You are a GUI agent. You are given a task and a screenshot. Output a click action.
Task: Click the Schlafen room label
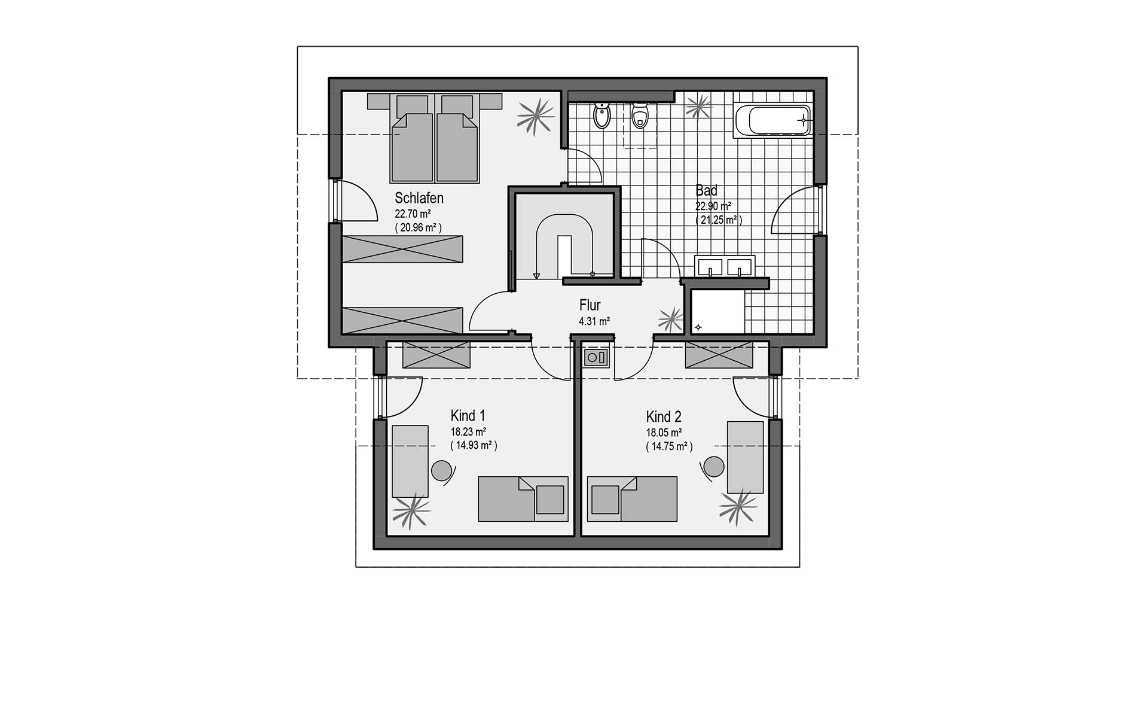(x=419, y=198)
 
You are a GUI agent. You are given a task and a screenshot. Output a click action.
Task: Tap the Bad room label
(x=706, y=191)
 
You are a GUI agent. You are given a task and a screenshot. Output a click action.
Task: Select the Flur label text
(x=590, y=305)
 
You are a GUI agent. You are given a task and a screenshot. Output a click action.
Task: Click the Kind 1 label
(x=468, y=416)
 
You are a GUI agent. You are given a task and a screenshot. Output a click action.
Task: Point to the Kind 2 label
(x=663, y=416)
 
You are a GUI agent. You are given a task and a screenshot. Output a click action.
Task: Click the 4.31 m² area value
(x=594, y=321)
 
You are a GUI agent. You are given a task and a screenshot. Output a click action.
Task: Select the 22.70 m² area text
(x=413, y=214)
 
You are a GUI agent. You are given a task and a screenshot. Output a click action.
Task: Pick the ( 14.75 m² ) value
(x=669, y=446)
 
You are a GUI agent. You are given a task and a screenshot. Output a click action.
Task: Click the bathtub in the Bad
(x=771, y=120)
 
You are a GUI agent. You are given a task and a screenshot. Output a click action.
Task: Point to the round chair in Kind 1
(x=442, y=470)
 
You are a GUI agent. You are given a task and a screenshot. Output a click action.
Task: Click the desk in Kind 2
(x=745, y=457)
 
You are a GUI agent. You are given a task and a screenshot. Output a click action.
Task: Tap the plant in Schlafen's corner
(x=534, y=117)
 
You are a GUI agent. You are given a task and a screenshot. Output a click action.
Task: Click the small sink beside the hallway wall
(x=596, y=358)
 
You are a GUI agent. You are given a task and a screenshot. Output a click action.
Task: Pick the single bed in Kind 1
(x=523, y=498)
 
